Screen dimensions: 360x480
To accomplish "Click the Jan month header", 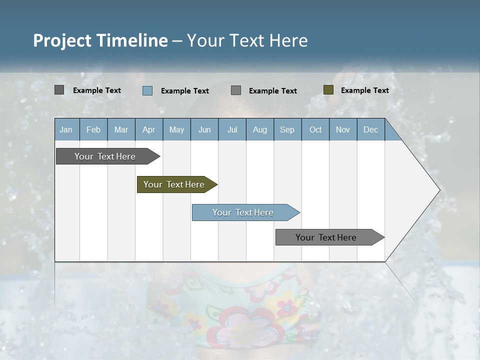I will pos(66,129).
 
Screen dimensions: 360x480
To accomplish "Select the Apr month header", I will pos(148,129).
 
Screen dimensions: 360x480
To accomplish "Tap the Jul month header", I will pos(232,129).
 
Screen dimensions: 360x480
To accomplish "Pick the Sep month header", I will pos(287,129).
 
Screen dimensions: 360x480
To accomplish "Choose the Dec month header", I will pos(370,129).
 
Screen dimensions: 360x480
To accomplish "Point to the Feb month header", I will pos(93,129).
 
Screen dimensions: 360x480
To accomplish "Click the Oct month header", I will pos(315,129).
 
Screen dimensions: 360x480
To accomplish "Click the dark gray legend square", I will pos(59,90).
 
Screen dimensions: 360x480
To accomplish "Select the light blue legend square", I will pos(147,90).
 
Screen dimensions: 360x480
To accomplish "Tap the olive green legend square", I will pos(328,90).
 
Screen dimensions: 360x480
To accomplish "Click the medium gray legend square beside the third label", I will pos(236,90).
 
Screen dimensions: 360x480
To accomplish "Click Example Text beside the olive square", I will pos(364,90).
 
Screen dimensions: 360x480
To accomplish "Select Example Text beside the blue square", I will pos(184,91).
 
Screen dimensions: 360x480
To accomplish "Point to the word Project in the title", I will pos(62,40).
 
